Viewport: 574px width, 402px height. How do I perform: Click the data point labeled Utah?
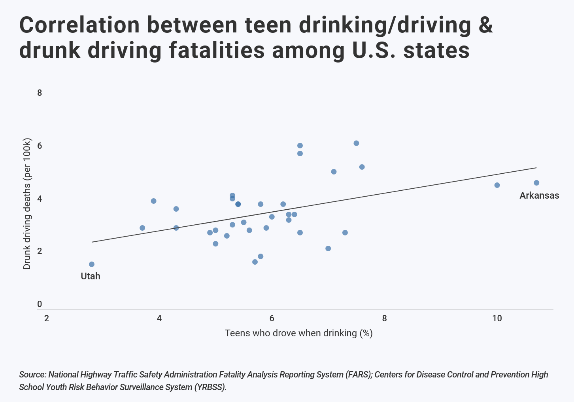(92, 264)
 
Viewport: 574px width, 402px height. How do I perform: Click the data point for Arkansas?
(536, 183)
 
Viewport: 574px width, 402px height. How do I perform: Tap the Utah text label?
(91, 276)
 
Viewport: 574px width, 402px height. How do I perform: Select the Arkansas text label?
(539, 195)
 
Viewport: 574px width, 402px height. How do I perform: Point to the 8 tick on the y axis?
(40, 93)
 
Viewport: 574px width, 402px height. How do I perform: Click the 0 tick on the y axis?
(40, 304)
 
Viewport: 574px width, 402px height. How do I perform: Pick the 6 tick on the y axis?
(40, 146)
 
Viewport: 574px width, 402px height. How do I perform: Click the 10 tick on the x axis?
(497, 319)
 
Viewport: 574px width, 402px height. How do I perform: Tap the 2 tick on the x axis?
(47, 319)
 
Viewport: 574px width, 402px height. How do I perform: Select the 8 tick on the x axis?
(384, 319)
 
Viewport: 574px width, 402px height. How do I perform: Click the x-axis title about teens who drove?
(299, 333)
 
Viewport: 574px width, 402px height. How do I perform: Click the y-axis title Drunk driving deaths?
(27, 204)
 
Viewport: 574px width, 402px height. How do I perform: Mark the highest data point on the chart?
(356, 143)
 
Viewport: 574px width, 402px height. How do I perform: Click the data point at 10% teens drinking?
(497, 185)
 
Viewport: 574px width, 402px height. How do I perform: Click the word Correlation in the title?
(79, 25)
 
